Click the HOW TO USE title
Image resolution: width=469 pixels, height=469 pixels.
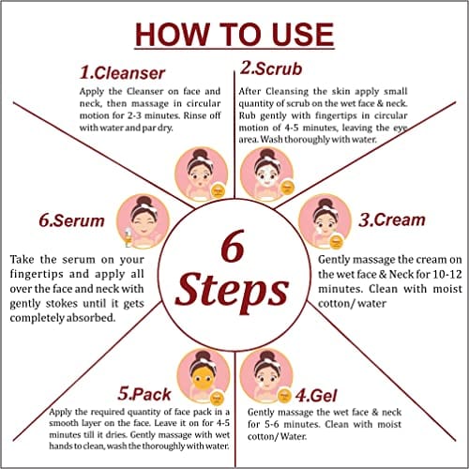pos(234,35)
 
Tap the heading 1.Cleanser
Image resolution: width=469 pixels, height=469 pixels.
pos(122,73)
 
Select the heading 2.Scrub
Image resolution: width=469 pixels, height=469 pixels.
pos(271,68)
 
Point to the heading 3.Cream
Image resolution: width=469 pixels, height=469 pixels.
pos(392,219)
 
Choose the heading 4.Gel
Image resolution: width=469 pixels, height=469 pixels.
pos(316,396)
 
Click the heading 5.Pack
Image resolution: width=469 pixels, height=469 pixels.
pos(144,394)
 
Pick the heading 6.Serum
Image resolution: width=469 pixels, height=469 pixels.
pos(71,220)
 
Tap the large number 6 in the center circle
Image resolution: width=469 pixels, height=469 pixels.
pos(233,246)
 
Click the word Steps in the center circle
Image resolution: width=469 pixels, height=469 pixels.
pos(232,290)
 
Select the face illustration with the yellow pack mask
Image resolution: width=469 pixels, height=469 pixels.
pos(204,376)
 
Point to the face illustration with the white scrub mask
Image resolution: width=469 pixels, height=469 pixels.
pos(266,174)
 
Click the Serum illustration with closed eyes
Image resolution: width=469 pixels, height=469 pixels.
pos(143,221)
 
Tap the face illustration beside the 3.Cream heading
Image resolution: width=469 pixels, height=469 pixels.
pos(325,221)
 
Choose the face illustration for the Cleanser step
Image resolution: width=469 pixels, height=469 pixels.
pos(202,174)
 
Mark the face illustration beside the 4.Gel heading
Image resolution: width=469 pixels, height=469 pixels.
pos(266,376)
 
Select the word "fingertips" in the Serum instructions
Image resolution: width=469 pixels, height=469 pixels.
pos(37,275)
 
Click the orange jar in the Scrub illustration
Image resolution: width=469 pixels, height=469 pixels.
pos(287,188)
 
